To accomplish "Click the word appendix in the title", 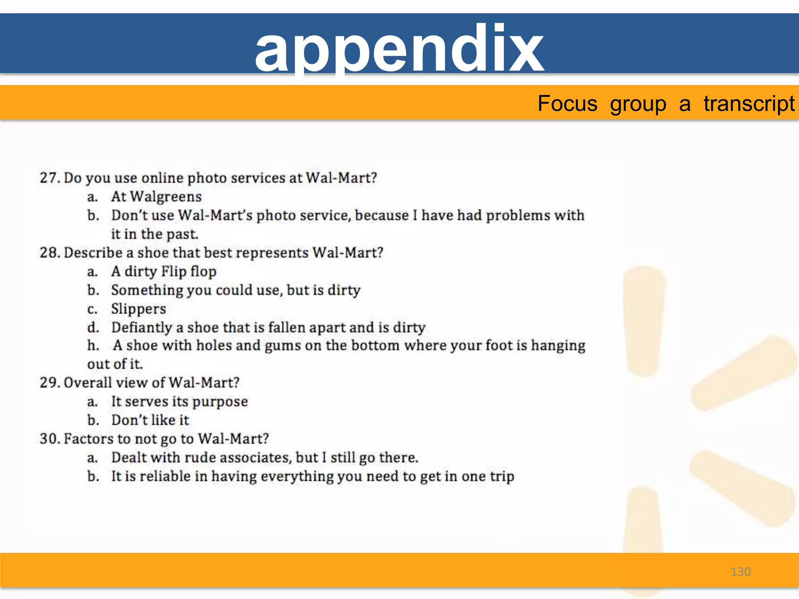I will (x=399, y=49).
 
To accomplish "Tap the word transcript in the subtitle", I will (x=749, y=104).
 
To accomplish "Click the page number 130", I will (x=740, y=572).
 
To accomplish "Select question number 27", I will (x=50, y=178).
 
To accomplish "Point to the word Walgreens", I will (x=165, y=197).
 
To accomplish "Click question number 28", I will (x=50, y=253).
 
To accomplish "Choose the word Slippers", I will (x=138, y=309).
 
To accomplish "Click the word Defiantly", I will (x=141, y=328).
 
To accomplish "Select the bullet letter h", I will (x=93, y=346).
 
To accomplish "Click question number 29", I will (x=50, y=383).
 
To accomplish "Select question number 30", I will (x=50, y=439).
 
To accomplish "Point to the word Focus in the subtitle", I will (x=567, y=104).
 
